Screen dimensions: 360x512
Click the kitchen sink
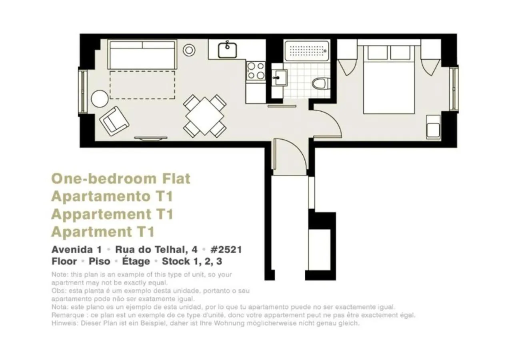(228, 50)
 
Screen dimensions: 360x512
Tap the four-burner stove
(256, 70)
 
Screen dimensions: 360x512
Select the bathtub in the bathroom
(307, 51)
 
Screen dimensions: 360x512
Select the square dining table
(205, 116)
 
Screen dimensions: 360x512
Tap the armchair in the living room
(114, 120)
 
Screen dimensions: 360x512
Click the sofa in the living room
(142, 55)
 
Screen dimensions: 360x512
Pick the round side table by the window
(99, 98)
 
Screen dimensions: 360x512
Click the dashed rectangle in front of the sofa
(142, 84)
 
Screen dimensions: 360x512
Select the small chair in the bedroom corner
(433, 127)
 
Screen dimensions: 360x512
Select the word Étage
(136, 262)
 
